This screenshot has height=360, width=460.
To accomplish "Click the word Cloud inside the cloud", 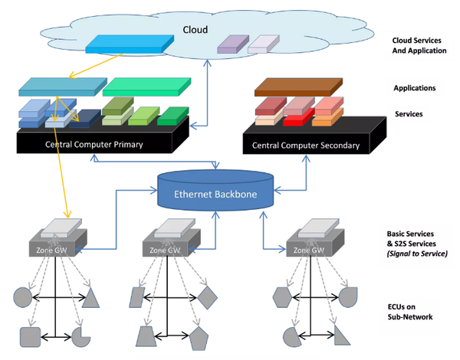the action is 195,30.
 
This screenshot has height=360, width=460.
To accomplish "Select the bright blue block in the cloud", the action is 130,44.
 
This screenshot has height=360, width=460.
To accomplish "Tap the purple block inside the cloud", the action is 233,44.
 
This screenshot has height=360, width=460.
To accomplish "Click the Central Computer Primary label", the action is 94,144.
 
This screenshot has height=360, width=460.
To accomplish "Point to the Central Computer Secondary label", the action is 306,146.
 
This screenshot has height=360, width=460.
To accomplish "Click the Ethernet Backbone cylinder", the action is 215,190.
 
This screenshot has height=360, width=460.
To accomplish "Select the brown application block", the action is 298,87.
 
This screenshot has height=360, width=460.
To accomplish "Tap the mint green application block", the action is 146,87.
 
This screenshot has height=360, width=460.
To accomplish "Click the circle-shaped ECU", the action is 22,297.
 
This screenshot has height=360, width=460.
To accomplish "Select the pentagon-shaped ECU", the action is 199,339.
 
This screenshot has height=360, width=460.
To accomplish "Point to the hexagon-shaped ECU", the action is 282,297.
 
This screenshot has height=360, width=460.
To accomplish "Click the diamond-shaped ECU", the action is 207,297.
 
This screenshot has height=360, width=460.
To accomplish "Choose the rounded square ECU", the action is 30,337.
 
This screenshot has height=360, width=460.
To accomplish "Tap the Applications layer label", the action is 415,88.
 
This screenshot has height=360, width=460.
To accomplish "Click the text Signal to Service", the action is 417,254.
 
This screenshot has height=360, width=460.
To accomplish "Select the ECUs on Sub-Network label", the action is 410,312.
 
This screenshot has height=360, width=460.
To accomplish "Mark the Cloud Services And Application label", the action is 419,45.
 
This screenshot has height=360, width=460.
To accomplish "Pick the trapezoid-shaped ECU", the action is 146,336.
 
